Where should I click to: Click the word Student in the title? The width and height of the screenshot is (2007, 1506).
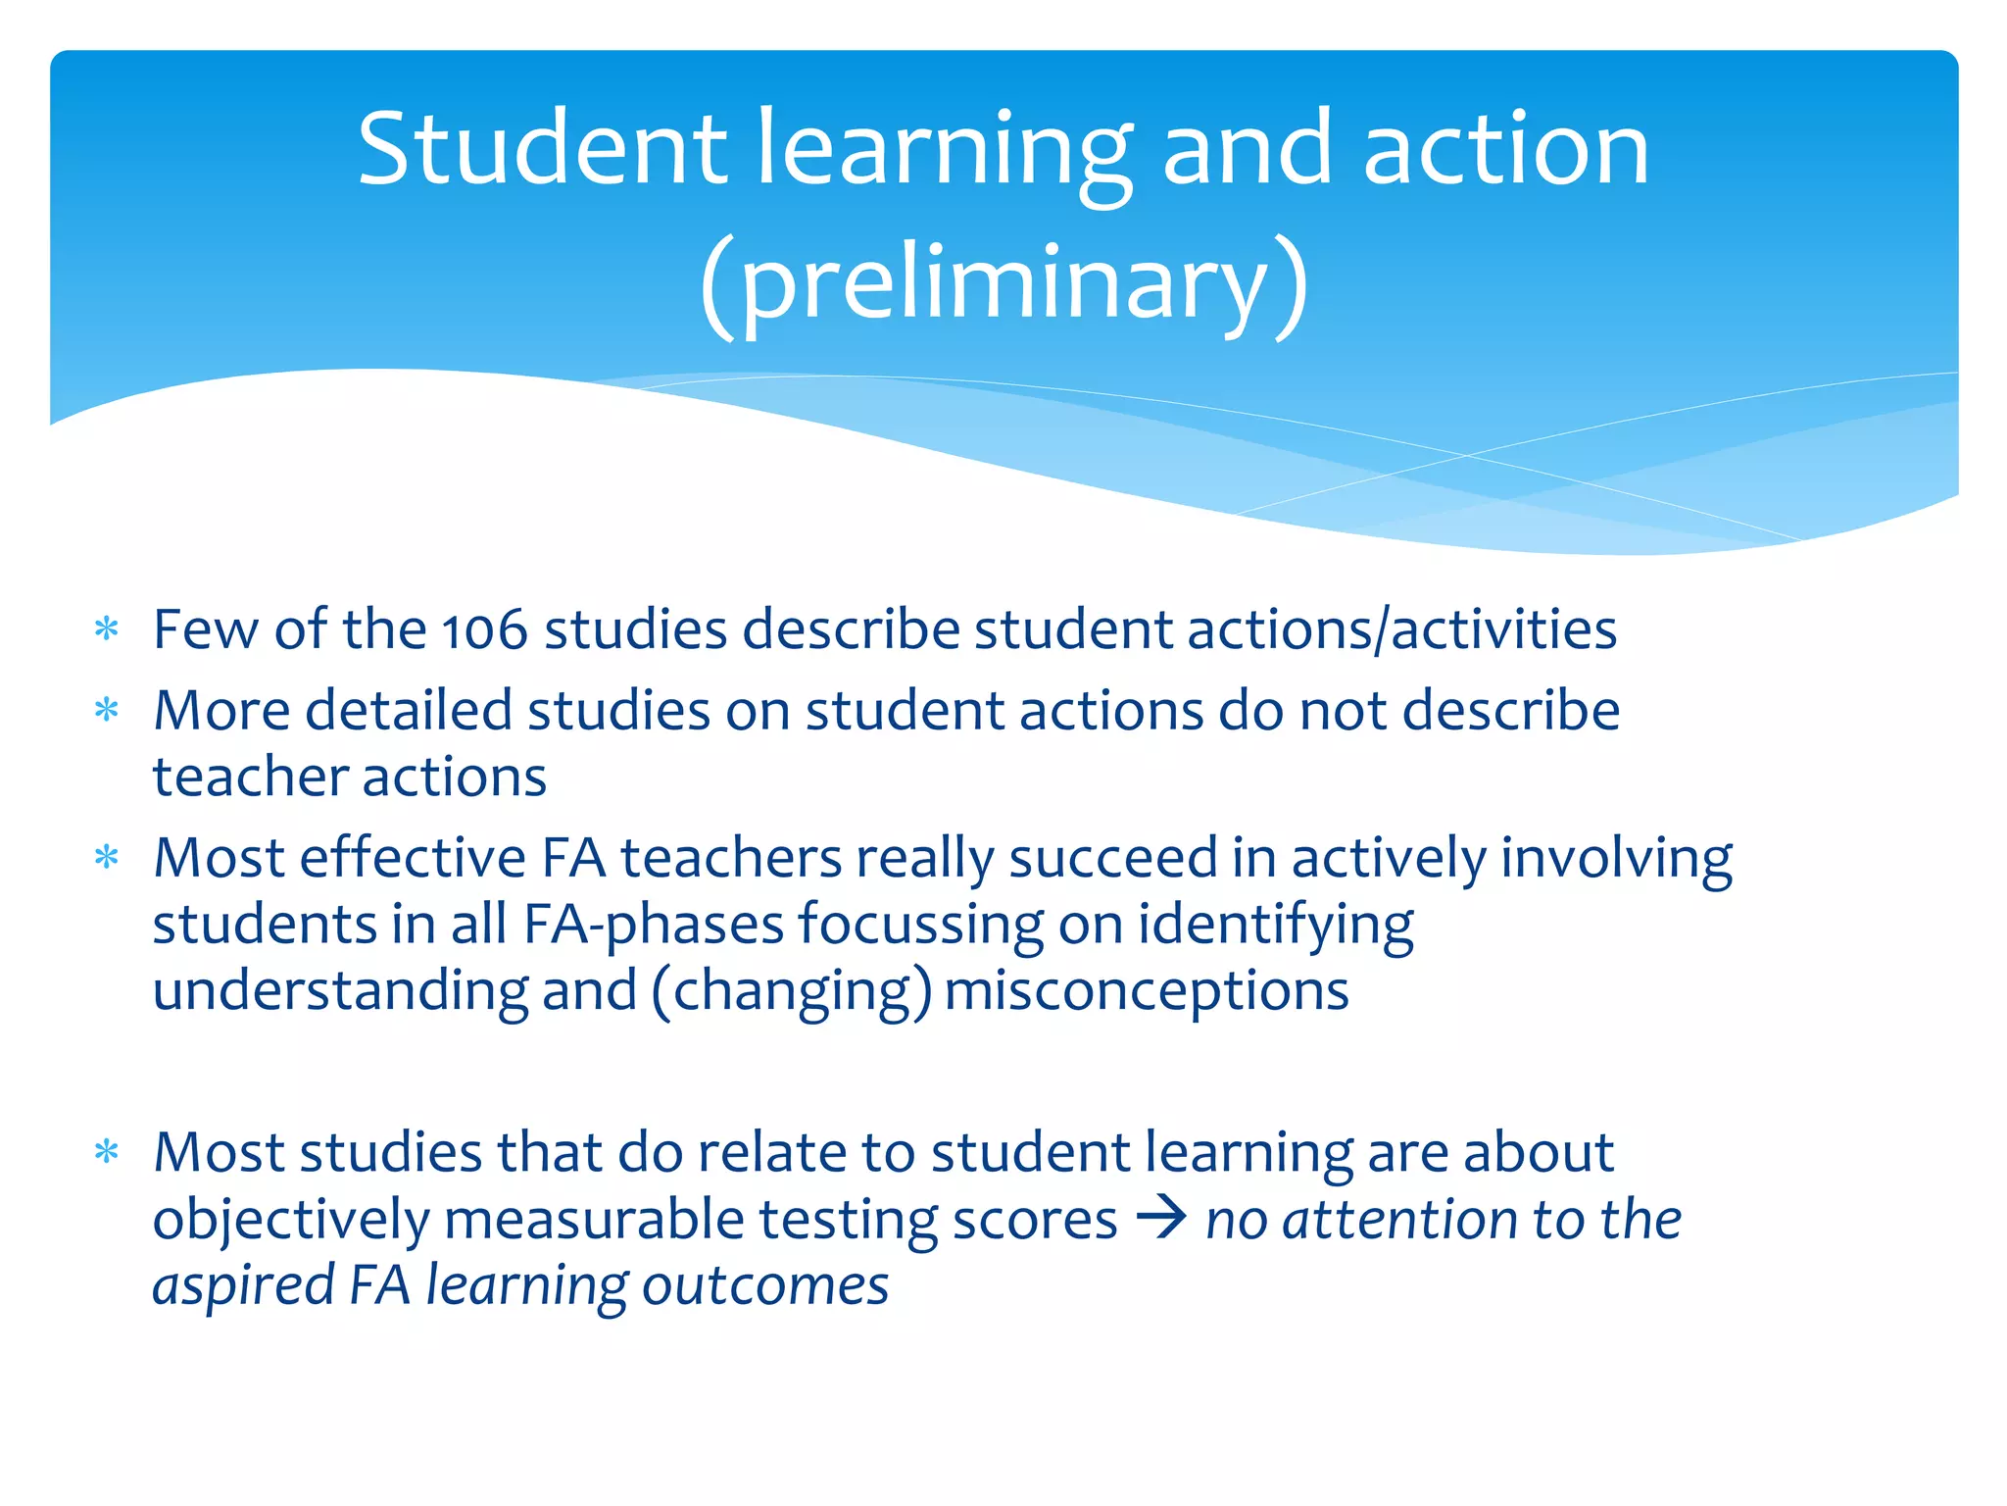542,149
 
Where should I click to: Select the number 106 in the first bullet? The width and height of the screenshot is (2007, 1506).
484,629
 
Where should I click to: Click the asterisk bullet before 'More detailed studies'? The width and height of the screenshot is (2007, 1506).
107,710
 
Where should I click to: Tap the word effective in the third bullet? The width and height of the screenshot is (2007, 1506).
413,858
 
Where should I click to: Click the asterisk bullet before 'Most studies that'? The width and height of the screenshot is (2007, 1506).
107,1152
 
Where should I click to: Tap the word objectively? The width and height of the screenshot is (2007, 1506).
291,1221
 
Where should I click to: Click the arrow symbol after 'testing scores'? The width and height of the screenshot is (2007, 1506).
1161,1219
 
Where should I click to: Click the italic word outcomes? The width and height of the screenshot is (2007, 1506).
765,1285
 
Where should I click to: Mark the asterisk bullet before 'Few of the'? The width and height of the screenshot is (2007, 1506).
107,629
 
